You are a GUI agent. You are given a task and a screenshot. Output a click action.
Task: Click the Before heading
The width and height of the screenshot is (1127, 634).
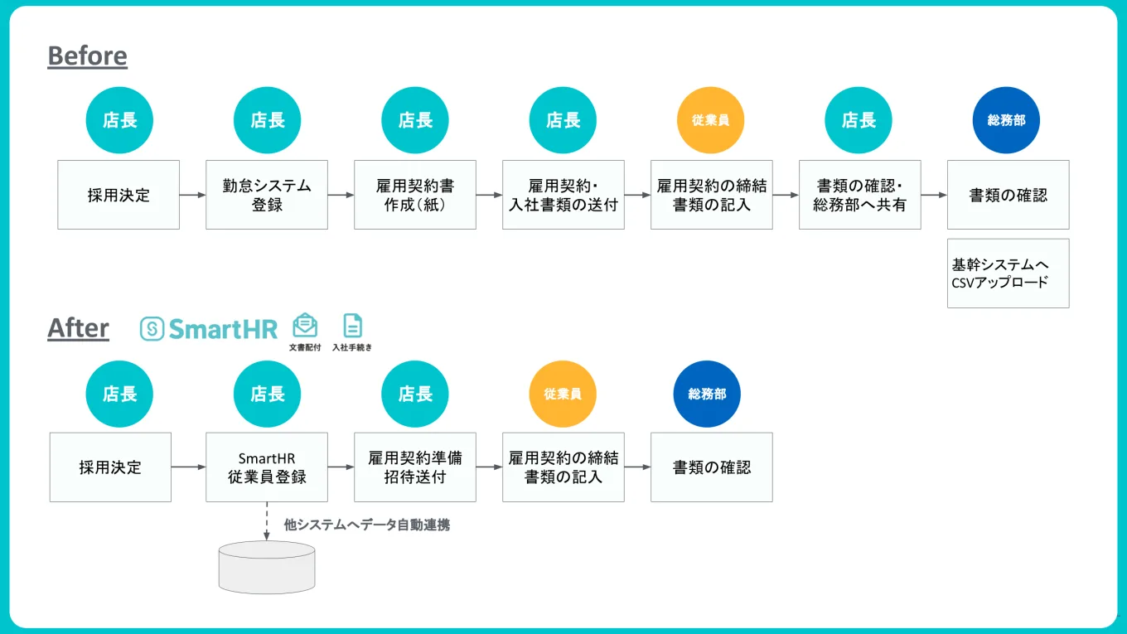pyautogui.click(x=87, y=56)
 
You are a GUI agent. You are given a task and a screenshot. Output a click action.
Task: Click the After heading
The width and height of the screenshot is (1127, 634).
pyautogui.click(x=78, y=328)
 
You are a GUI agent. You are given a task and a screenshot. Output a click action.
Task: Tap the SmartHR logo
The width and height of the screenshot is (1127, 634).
pyautogui.click(x=209, y=329)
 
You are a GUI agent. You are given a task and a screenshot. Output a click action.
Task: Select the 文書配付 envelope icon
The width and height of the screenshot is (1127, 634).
pyautogui.click(x=305, y=326)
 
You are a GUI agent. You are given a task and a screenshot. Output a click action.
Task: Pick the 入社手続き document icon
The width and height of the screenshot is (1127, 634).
pyautogui.click(x=352, y=326)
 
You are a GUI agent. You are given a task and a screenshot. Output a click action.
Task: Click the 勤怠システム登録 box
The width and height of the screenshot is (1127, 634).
pyautogui.click(x=267, y=195)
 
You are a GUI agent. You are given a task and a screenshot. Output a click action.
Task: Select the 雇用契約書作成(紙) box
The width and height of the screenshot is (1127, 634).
pyautogui.click(x=415, y=195)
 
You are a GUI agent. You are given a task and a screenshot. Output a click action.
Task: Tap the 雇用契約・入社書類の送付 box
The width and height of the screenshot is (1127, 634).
pyautogui.click(x=563, y=195)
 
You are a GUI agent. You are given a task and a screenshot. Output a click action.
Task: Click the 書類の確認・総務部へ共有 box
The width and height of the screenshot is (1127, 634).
pyautogui.click(x=859, y=195)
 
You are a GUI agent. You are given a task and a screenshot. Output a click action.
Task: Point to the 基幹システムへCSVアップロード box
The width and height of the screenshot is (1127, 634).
pyautogui.click(x=1008, y=273)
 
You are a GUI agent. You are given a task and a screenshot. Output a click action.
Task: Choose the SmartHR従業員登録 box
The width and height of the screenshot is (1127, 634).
pyautogui.click(x=267, y=467)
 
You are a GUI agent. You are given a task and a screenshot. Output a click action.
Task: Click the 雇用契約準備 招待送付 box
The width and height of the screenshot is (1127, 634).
pyautogui.click(x=415, y=467)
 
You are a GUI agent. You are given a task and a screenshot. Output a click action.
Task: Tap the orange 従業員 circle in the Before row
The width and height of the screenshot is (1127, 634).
pyautogui.click(x=711, y=120)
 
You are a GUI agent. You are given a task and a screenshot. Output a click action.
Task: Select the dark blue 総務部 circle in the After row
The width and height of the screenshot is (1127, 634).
pyautogui.click(x=707, y=394)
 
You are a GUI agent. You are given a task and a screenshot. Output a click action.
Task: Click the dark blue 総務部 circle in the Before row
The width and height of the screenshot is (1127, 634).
pyautogui.click(x=1006, y=120)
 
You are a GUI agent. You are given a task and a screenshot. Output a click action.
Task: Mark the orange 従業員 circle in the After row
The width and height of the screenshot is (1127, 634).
pyautogui.click(x=563, y=394)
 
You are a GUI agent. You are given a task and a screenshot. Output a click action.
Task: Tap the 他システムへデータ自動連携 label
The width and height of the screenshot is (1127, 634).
pyautogui.click(x=366, y=525)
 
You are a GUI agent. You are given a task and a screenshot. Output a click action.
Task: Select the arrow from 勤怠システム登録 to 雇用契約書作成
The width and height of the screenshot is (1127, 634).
pyautogui.click(x=341, y=196)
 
